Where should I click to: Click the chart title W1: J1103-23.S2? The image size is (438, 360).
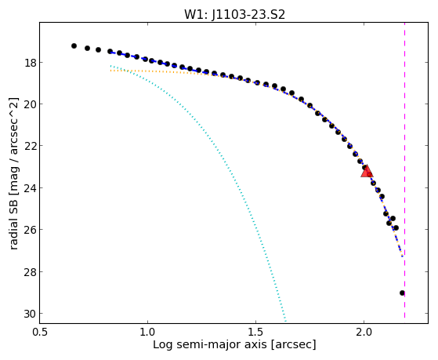click(234, 14)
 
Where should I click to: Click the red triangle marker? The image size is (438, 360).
click(367, 171)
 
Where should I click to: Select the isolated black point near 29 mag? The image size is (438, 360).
click(402, 293)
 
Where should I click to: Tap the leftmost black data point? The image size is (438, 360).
click(74, 45)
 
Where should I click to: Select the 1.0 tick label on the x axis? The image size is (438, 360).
click(147, 332)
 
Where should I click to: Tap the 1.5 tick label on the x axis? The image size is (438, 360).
click(255, 332)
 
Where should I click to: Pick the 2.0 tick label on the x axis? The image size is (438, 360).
click(364, 332)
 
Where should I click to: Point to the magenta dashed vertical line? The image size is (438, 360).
click(404, 170)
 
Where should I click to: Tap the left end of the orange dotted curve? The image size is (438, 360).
click(111, 71)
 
